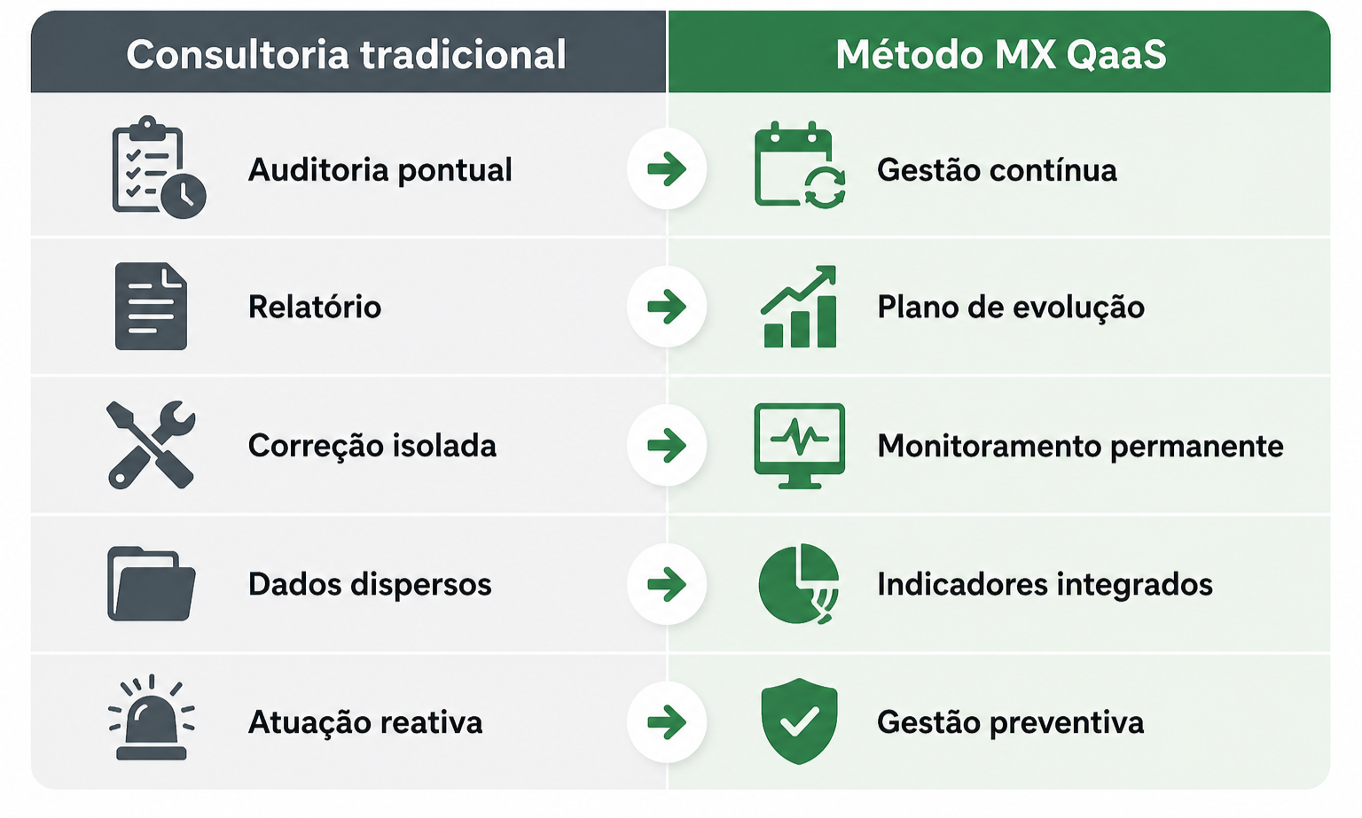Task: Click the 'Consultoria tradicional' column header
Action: coord(346,55)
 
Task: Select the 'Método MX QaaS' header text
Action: coord(1001,55)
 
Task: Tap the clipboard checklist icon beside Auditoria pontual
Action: coord(159,167)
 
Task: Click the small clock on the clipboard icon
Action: coord(183,196)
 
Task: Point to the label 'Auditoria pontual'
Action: coord(380,169)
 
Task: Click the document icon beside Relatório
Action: coord(151,307)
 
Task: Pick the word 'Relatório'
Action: coord(315,306)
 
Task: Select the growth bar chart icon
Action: coord(799,307)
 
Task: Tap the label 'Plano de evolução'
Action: coord(1011,307)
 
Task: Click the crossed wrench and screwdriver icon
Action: coord(151,445)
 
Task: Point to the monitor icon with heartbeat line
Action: coord(799,446)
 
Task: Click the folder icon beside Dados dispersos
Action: coord(152,584)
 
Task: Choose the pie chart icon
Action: coord(799,584)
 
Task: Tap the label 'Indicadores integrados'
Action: coord(1045,585)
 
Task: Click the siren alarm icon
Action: coord(152,718)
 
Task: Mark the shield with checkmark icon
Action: coord(799,721)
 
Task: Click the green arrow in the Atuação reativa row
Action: coord(667,722)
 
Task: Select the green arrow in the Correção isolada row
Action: coord(667,446)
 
